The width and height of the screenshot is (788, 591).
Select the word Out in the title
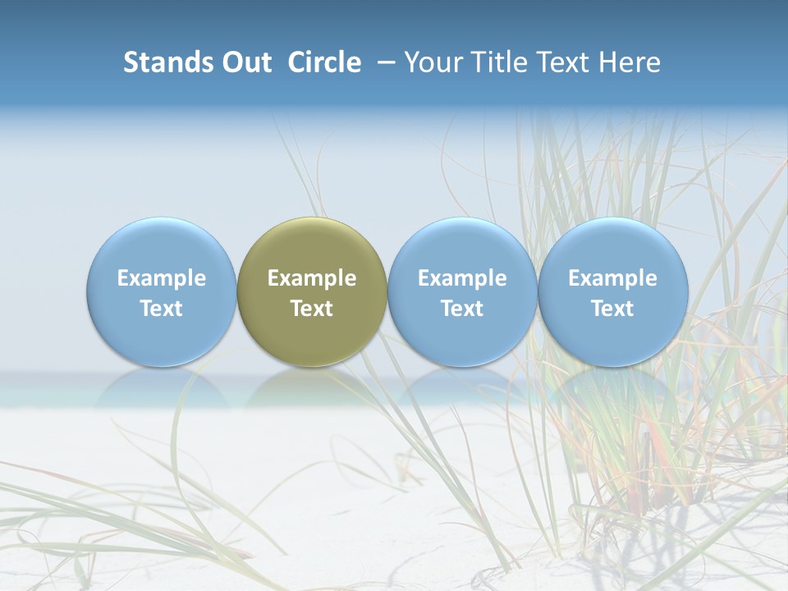(x=244, y=62)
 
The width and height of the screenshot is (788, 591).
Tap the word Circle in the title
(x=324, y=62)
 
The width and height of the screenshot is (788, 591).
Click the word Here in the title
(x=630, y=62)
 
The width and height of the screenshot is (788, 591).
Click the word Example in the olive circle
(x=312, y=278)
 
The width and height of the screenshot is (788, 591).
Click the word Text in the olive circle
(x=312, y=309)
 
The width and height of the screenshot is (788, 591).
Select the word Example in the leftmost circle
(x=162, y=278)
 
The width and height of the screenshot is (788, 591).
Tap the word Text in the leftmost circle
(x=162, y=309)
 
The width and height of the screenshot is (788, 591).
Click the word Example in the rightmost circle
(x=613, y=278)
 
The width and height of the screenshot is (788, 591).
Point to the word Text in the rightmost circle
(x=613, y=309)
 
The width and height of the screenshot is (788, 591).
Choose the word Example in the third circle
(x=462, y=278)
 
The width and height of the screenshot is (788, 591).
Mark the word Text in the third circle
(x=462, y=309)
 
